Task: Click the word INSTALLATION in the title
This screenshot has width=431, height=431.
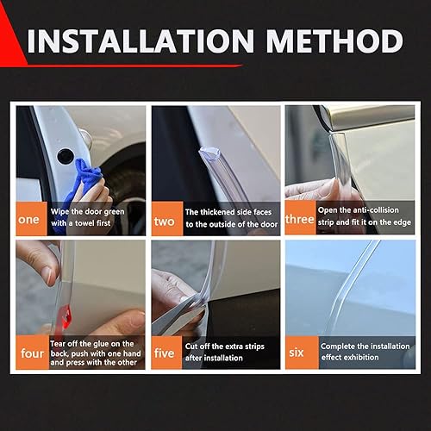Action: [144, 41]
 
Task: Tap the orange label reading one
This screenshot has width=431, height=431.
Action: [28, 218]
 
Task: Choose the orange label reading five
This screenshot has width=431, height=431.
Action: [164, 352]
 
